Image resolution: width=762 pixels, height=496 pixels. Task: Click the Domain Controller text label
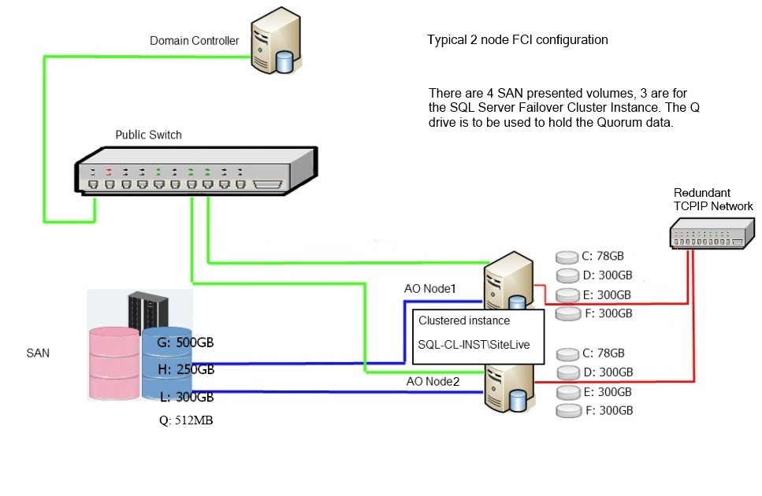coord(194,41)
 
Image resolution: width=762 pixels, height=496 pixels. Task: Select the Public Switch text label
coord(148,135)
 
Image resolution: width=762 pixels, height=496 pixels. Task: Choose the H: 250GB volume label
coord(184,369)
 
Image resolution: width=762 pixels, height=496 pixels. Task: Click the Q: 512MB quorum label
coord(186,420)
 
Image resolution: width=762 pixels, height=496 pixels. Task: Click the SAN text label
coord(38,353)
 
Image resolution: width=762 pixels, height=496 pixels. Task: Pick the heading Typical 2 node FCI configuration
coord(517,39)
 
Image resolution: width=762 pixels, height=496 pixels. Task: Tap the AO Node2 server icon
coord(506,386)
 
